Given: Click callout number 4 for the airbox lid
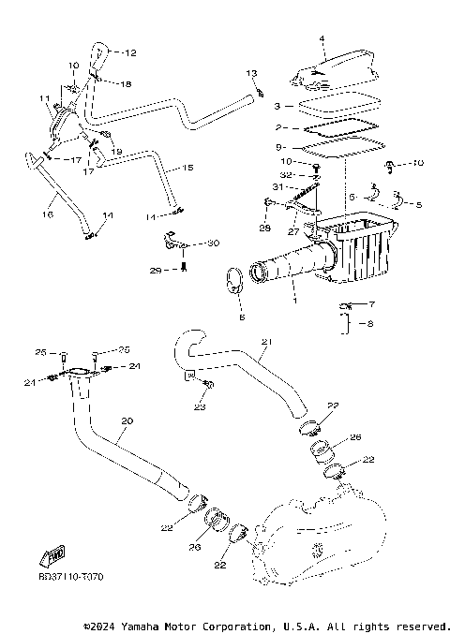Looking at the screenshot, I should (321, 39).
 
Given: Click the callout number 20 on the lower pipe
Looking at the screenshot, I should (127, 421).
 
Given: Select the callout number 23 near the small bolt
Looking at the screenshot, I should (199, 407).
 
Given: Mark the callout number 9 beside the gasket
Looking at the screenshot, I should (280, 147).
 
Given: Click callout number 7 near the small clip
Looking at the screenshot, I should (370, 305).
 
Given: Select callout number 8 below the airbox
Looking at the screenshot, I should (370, 324).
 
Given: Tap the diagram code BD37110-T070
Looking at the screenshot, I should (71, 577).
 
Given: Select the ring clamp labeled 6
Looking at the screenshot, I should (236, 281).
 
